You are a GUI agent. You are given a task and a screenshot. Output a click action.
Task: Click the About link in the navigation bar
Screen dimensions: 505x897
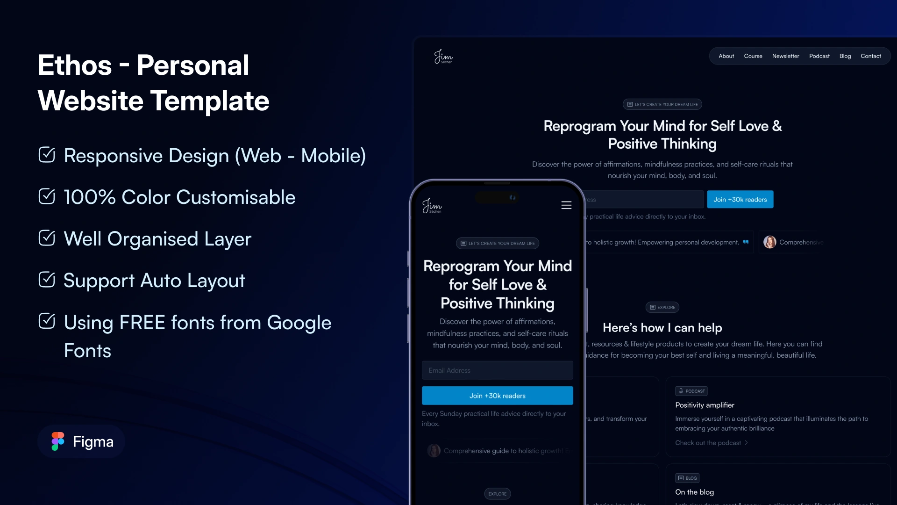726,56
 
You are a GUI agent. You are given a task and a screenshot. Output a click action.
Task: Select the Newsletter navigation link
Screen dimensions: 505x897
785,56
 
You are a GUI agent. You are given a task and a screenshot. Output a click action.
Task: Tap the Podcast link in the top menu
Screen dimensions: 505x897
819,56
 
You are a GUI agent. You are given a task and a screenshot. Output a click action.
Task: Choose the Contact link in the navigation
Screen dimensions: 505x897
870,56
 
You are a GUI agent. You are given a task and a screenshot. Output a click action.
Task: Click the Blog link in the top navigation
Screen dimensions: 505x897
845,56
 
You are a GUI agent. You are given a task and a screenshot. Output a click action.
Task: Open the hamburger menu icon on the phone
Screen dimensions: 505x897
566,205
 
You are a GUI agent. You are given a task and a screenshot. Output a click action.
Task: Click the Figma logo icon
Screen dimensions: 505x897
58,441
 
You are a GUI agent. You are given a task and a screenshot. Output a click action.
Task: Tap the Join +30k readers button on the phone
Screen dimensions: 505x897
497,396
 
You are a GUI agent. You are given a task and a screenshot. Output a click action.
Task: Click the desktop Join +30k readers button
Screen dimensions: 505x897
740,200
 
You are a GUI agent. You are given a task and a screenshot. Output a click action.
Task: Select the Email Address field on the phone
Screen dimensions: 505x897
497,370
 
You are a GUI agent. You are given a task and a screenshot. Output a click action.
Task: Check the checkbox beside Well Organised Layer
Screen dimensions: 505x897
47,238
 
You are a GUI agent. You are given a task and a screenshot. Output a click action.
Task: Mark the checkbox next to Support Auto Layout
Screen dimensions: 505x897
47,280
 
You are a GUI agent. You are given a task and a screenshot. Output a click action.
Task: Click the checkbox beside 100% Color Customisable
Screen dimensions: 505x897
47,196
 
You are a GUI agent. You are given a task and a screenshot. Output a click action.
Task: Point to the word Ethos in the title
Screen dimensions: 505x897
75,65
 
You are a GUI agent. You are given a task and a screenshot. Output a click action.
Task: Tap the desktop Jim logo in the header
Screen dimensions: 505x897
443,57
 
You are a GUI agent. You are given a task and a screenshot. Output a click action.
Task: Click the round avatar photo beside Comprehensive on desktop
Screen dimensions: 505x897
769,242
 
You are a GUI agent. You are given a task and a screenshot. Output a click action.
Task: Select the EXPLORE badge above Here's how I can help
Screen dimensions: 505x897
662,307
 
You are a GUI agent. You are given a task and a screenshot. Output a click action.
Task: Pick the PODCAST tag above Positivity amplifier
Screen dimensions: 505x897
691,391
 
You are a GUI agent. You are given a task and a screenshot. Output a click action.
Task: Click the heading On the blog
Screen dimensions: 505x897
694,492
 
